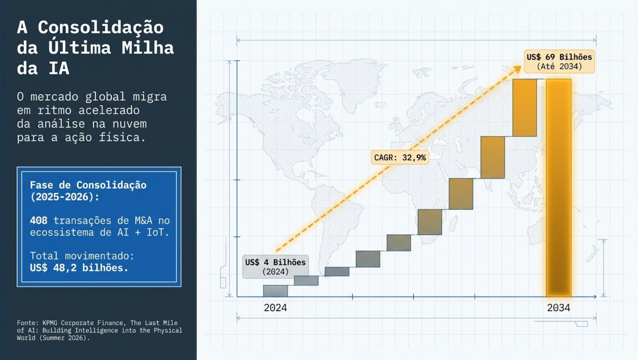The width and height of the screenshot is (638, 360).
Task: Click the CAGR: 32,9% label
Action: tap(400, 158)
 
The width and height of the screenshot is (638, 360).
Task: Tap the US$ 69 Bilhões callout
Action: tap(559, 61)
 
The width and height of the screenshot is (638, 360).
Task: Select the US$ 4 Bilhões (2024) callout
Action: tap(275, 267)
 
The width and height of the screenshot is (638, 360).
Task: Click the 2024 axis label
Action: tap(275, 308)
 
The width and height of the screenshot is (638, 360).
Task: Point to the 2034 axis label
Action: tap(558, 308)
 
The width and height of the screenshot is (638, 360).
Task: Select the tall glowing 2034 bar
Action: tap(558, 188)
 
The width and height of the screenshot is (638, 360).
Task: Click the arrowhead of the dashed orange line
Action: tap(517, 69)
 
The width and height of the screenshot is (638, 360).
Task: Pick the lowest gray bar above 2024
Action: tap(275, 291)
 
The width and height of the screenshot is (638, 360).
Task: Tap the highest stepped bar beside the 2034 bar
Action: tap(525, 108)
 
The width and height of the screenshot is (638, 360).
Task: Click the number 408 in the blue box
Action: tap(38, 220)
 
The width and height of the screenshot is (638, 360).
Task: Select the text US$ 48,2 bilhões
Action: tap(79, 268)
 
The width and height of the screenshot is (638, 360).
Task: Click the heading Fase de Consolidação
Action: tap(88, 185)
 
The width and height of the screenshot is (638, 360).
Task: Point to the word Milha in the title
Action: tap(148, 48)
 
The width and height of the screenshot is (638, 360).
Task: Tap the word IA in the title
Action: tap(59, 68)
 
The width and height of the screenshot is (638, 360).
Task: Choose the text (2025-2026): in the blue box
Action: tap(65, 197)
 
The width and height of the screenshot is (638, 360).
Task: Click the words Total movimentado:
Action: tap(82, 256)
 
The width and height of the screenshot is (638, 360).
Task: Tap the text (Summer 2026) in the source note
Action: tap(64, 338)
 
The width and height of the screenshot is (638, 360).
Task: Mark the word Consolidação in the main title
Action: tap(100, 27)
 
